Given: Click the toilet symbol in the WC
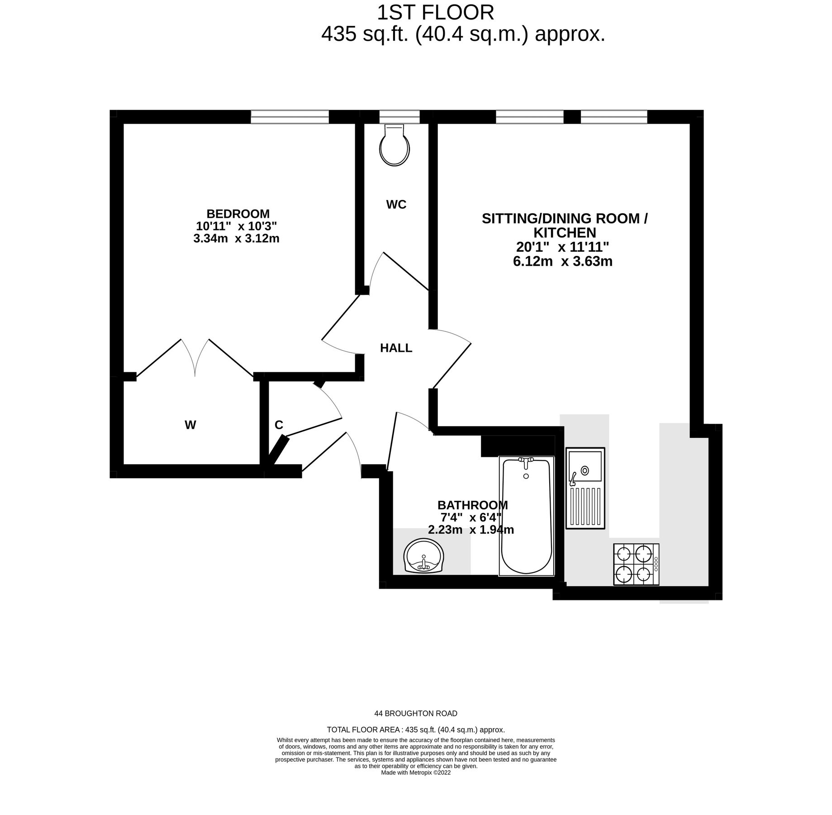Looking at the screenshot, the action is point(395,145).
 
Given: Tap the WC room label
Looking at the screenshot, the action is point(396,205).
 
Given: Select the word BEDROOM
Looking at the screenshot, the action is point(238,214).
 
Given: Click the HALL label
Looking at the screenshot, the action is point(396,348).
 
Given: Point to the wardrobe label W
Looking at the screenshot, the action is point(190,425).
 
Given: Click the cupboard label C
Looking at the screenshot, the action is point(279,425).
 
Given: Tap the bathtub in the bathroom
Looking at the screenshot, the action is point(526,516).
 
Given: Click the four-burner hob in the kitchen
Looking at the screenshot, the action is point(636,564).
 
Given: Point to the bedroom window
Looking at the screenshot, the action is point(290,117).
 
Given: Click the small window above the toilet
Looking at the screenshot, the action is point(399,117).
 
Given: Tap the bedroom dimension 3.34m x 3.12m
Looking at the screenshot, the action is point(236,238).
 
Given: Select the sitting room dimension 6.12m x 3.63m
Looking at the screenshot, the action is point(563,261).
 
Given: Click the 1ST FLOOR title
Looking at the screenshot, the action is point(436,13).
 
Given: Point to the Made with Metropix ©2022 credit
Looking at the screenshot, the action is point(416,772).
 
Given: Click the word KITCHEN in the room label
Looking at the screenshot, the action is point(565,233).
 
